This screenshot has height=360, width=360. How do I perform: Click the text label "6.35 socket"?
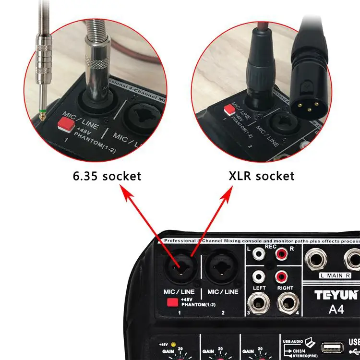click(107, 176)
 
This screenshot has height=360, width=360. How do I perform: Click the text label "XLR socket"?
click(261, 176)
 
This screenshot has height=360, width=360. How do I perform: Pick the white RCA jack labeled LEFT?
click(260, 277)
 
